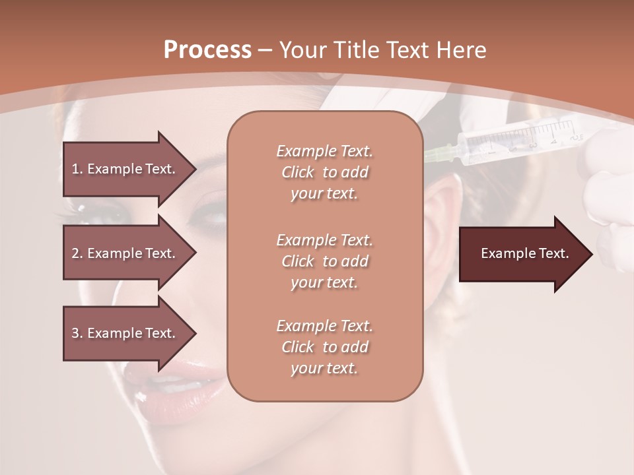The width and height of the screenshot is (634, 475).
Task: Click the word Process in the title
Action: (207, 49)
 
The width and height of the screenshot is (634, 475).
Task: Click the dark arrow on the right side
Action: (525, 254)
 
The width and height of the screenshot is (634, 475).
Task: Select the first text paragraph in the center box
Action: (324, 172)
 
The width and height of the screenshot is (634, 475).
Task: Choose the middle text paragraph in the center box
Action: (324, 261)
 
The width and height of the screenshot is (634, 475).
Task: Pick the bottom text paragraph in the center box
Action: (324, 347)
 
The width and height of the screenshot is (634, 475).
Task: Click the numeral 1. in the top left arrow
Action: (77, 169)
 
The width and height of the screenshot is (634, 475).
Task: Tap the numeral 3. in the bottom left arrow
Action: (77, 333)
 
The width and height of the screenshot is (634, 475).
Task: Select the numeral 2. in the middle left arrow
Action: (77, 253)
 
